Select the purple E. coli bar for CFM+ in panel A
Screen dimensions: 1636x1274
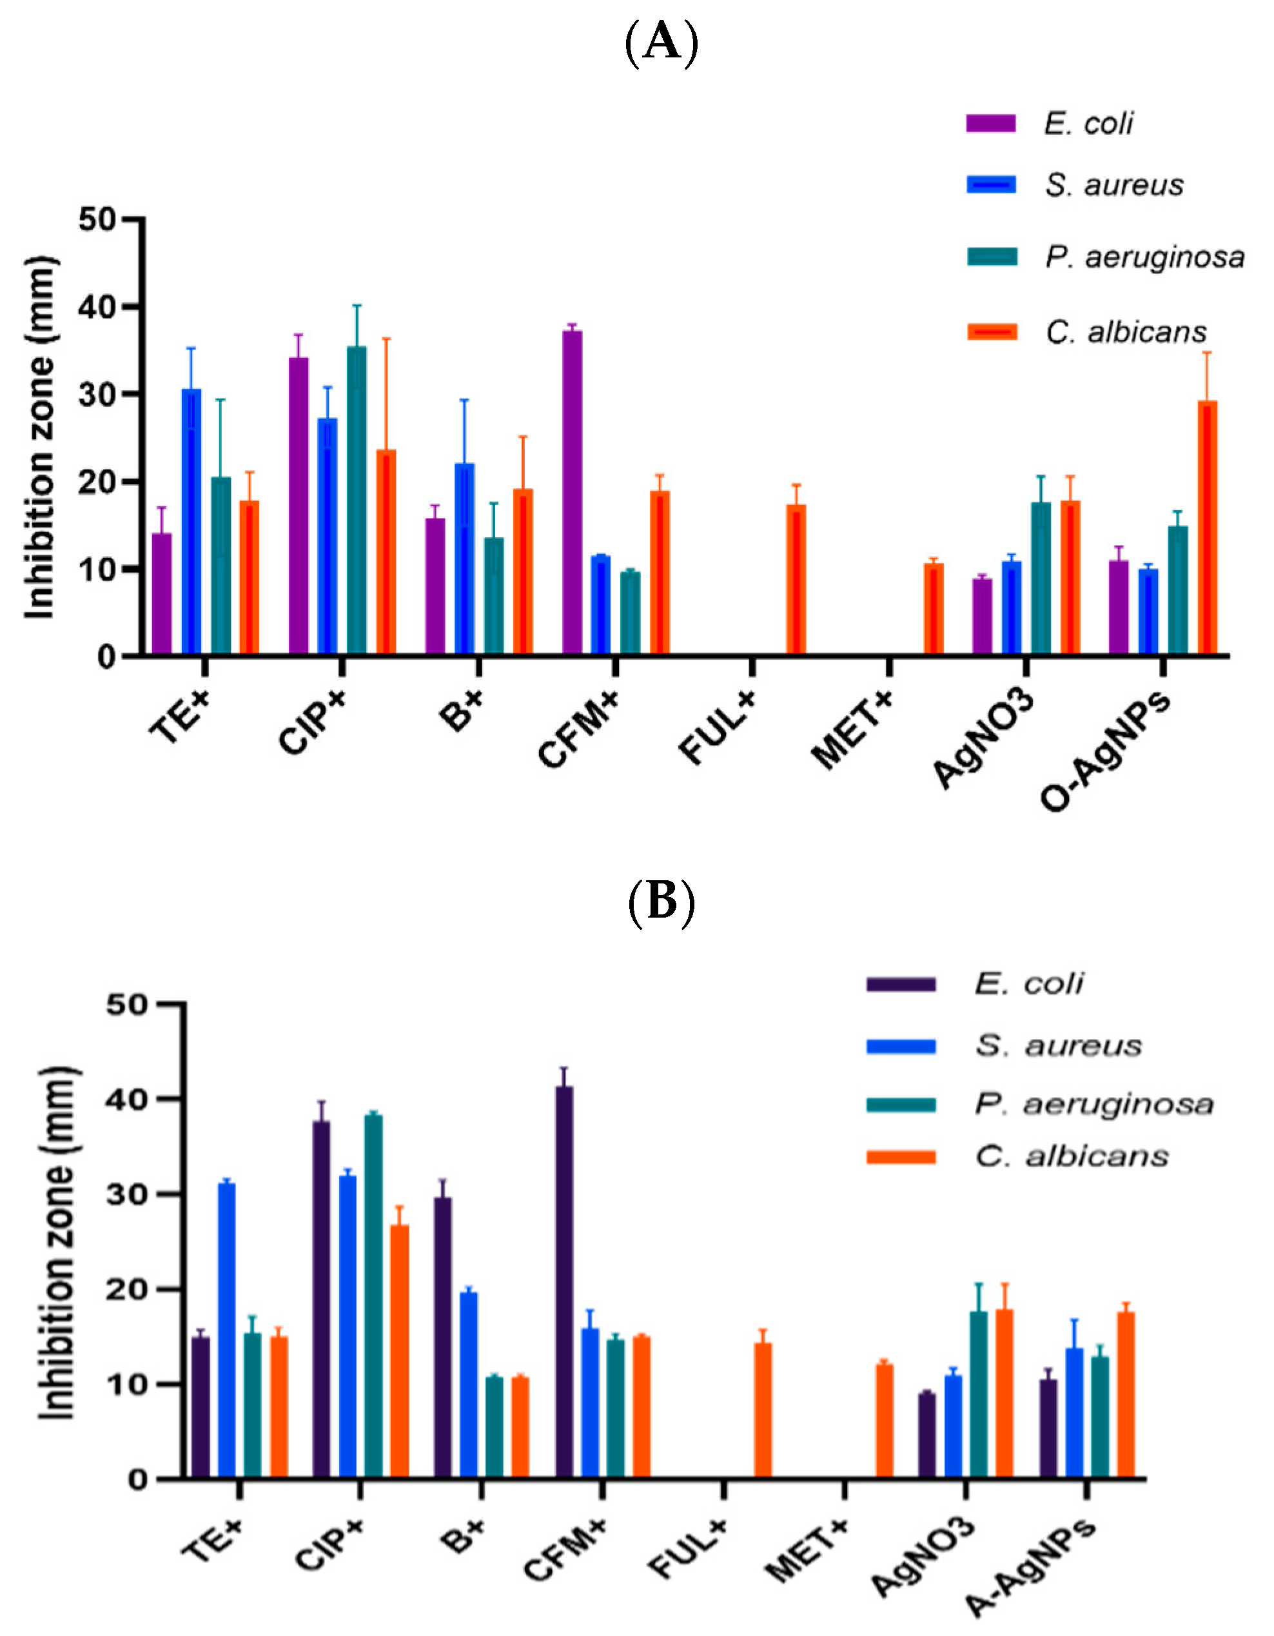[x=573, y=492]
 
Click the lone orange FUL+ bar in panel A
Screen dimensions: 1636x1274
[x=796, y=580]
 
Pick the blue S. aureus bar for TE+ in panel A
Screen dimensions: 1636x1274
[x=191, y=522]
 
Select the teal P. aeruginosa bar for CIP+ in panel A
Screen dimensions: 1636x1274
[x=357, y=500]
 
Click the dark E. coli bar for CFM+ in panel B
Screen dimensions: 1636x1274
[x=564, y=1283]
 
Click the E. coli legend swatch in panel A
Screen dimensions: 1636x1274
[x=990, y=123]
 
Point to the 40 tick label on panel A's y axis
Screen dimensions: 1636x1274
[x=97, y=307]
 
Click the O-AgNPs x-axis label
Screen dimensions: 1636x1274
[x=1104, y=749]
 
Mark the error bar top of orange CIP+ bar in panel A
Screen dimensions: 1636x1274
[x=386, y=339]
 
